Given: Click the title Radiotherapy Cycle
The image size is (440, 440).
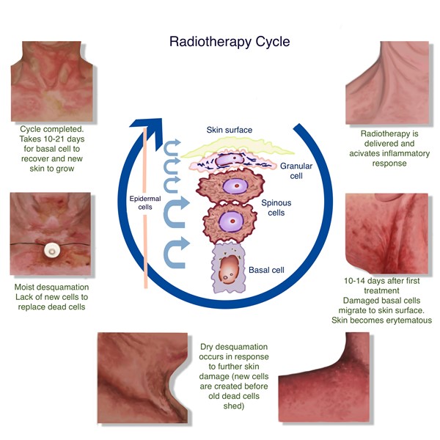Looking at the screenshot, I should (x=229, y=41).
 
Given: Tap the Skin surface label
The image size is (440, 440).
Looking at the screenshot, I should (x=229, y=130).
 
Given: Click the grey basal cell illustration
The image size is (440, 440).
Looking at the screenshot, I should (x=231, y=269).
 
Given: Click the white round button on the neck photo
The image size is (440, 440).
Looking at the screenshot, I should (x=51, y=249).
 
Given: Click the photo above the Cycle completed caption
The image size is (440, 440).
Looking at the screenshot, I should (x=51, y=81).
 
